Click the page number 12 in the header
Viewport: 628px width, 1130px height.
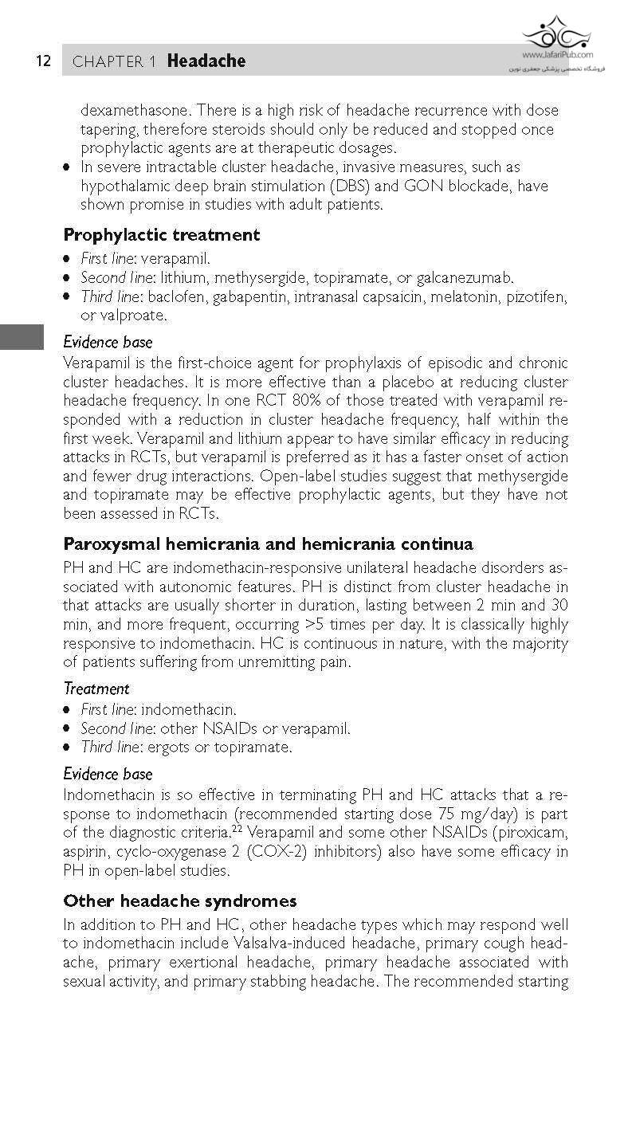pos(43,61)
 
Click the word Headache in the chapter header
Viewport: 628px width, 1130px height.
pos(206,61)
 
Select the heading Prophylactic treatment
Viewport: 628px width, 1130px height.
pos(161,234)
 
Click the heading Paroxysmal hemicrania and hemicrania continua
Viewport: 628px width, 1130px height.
pos(268,544)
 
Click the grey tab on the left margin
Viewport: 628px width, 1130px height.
pos(22,337)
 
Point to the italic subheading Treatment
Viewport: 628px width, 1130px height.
pos(96,689)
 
